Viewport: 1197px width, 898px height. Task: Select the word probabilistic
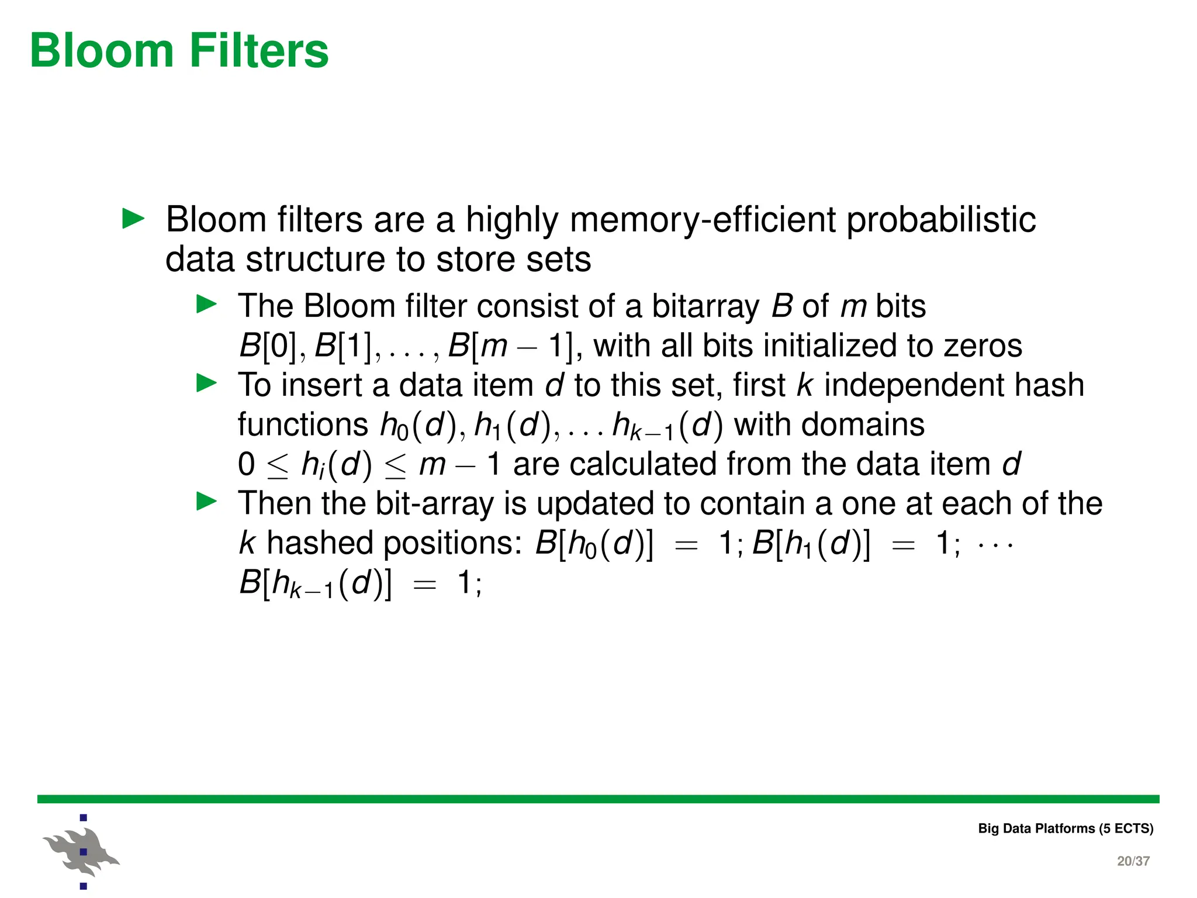[941, 220]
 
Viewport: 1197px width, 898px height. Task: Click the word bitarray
[705, 306]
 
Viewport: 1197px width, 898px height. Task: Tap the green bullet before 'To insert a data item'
[206, 383]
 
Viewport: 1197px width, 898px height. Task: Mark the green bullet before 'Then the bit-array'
[206, 502]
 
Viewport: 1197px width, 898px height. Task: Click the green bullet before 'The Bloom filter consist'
[206, 304]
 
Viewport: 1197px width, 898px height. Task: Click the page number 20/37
[1133, 861]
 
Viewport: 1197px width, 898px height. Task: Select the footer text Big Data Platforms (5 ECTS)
[1065, 828]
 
